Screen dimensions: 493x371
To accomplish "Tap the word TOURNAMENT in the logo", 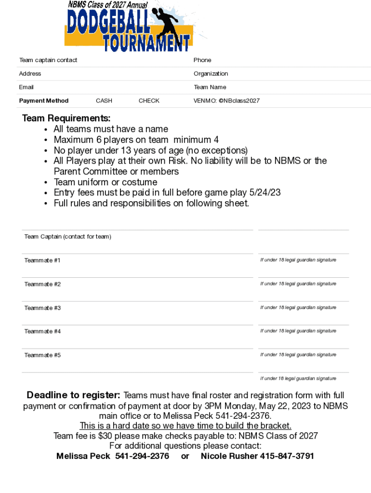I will [x=147, y=43].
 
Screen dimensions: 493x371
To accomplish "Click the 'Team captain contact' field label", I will [x=48, y=60].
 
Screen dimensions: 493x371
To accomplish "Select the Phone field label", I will [x=202, y=60].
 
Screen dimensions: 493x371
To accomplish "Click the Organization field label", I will [x=211, y=74].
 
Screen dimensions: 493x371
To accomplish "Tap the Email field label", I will [x=26, y=87].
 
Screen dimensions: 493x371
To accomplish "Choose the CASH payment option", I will [x=104, y=101].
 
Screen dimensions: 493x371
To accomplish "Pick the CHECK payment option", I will [x=149, y=101].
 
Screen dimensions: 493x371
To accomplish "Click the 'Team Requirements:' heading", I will [x=66, y=118].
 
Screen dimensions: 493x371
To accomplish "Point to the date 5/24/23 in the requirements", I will [x=265, y=193].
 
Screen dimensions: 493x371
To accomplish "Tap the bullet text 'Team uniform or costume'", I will [x=105, y=182].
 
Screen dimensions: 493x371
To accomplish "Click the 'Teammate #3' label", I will [x=42, y=308].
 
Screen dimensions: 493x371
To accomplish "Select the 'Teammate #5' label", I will [x=42, y=355].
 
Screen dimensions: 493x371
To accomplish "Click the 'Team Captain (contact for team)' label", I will [x=67, y=236].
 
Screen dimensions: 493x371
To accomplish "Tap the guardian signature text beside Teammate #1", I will [x=298, y=260].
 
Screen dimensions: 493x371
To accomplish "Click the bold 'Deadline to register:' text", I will [x=73, y=395].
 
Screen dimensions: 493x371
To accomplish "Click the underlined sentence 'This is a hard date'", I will [x=185, y=426].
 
